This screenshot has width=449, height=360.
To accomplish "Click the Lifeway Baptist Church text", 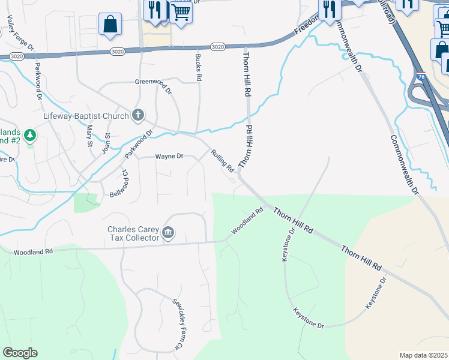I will point(86,116).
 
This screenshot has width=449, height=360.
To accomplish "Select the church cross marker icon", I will point(138,115).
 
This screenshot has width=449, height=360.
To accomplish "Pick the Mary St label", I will point(90,134).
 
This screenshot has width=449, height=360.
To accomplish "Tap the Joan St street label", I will point(106,142).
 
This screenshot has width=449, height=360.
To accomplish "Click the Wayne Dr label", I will point(169,157).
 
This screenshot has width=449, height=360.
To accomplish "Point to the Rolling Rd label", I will point(222,161).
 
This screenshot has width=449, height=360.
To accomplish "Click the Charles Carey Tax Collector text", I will point(133,233).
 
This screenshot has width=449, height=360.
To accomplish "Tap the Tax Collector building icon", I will point(168,233).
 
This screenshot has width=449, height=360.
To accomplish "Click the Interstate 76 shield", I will point(420,76).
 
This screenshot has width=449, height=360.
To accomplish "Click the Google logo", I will point(20,353).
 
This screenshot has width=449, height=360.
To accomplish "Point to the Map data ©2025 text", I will point(423,355).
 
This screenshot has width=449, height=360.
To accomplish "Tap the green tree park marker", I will point(30,136).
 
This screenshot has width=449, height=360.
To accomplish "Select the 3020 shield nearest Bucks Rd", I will point(218,47).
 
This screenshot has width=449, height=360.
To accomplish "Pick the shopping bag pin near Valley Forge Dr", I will point(110,25).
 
